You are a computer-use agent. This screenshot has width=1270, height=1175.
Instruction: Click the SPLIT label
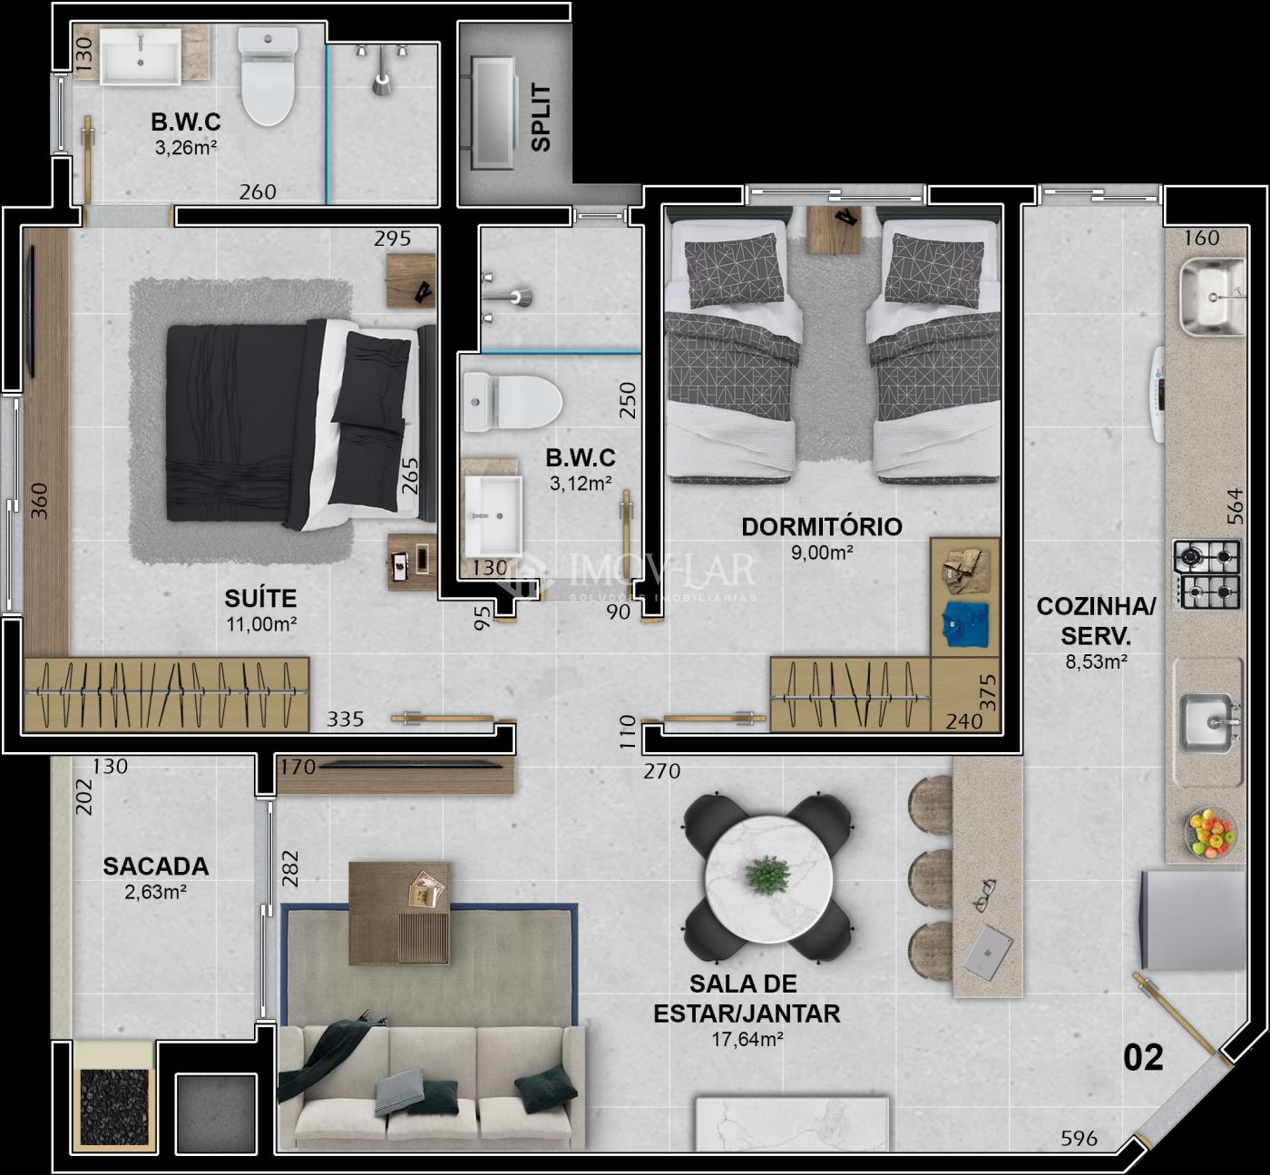(x=541, y=118)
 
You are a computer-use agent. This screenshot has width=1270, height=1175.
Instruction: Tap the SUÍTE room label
(x=260, y=598)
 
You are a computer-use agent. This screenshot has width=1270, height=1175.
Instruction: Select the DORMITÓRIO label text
(x=822, y=526)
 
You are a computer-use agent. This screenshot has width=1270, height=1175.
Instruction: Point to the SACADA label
(x=156, y=867)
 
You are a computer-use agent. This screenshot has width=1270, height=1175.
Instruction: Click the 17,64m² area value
(x=747, y=1040)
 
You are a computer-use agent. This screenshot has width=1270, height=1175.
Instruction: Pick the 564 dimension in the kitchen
(x=1236, y=506)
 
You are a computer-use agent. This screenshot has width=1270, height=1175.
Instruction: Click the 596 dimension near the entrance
(x=1079, y=1138)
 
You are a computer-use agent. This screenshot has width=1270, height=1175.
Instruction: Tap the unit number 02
(x=1143, y=1058)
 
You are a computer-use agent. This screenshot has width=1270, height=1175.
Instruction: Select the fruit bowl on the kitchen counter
(x=1210, y=832)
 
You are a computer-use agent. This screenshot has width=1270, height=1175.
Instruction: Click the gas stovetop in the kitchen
(x=1206, y=574)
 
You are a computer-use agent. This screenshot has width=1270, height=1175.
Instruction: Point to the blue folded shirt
(x=965, y=623)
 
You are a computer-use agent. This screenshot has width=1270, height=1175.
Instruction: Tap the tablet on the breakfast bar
(x=988, y=952)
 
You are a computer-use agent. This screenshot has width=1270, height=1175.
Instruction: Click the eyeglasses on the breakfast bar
(x=985, y=895)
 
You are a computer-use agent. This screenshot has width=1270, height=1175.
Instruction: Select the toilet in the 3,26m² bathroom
(x=268, y=75)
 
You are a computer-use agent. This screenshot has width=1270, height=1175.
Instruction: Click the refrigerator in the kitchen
(x=1193, y=919)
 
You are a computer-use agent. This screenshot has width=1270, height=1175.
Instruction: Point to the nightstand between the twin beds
(x=835, y=230)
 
